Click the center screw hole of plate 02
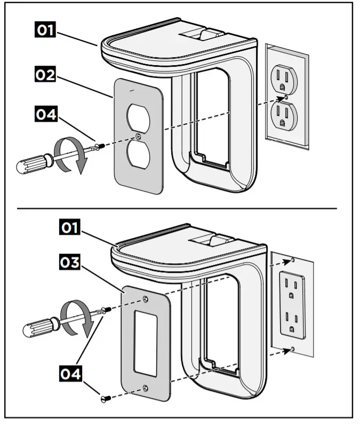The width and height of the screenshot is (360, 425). [x=139, y=136]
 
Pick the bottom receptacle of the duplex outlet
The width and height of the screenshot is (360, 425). [x=283, y=116]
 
